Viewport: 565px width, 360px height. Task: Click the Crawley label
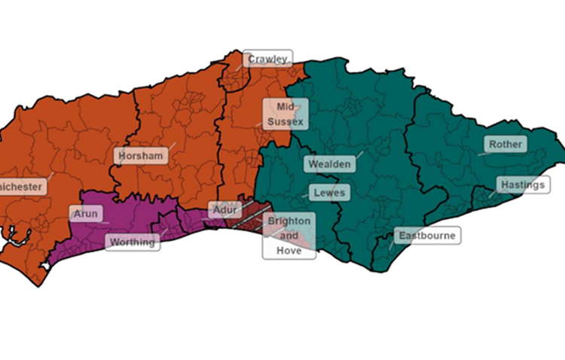pos(267,59)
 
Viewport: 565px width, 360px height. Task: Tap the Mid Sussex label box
pos(284,114)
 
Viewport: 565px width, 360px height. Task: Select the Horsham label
pos(139,156)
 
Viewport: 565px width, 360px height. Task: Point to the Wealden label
pos(329,163)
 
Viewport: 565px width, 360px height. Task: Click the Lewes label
pos(329,193)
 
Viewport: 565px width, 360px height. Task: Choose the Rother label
pos(505,144)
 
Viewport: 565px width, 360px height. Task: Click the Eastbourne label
pos(426,236)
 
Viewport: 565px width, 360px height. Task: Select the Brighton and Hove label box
pos(289,236)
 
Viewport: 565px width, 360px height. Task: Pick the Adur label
pos(224,210)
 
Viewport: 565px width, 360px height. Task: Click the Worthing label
pos(133,242)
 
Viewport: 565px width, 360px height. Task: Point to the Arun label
pos(85,214)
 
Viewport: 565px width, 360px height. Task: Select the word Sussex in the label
pos(285,121)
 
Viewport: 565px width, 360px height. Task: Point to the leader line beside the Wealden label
pos(358,154)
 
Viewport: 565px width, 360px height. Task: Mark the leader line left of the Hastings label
pos(492,192)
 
